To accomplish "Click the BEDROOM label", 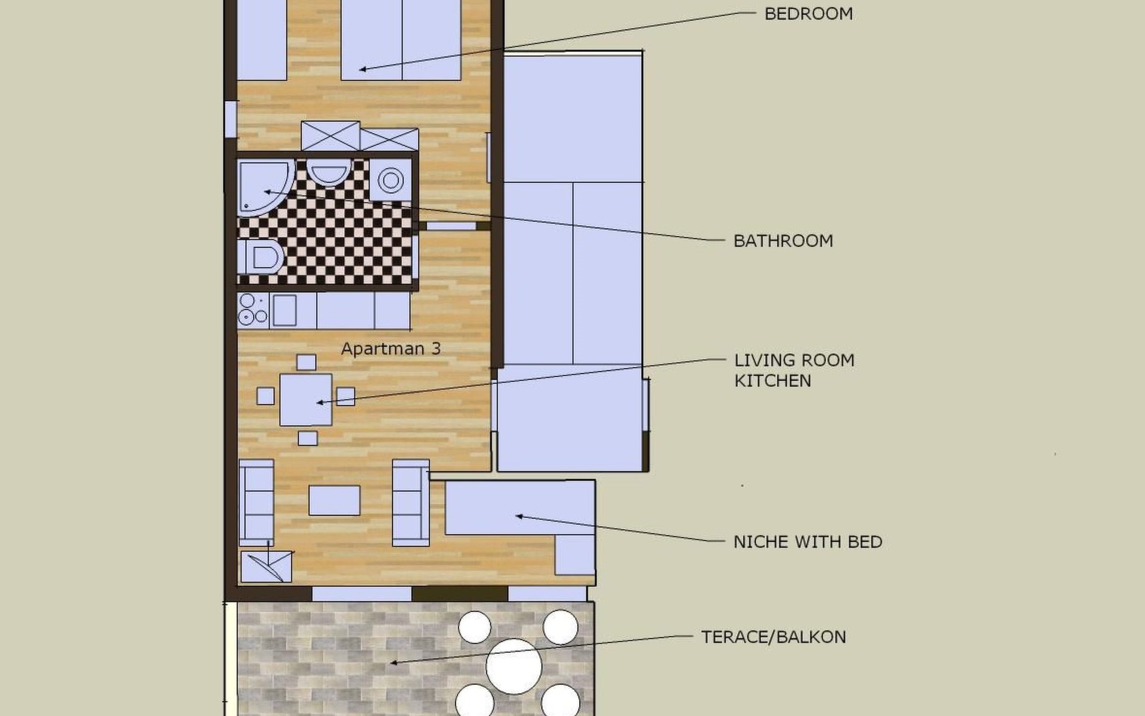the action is (x=808, y=14).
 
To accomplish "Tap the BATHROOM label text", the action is (x=783, y=241).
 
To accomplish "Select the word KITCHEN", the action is (x=772, y=381).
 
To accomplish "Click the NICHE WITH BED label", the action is (x=807, y=542).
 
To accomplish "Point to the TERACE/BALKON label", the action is (x=773, y=637).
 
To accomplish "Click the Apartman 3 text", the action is (x=391, y=348).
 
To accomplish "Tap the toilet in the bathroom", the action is (x=260, y=257).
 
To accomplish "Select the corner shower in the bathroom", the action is (x=265, y=187).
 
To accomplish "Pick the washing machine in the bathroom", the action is (x=391, y=180).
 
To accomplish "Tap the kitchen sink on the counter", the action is (x=284, y=310).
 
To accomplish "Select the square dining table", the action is (x=306, y=400).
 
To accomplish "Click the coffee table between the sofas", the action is (x=335, y=500).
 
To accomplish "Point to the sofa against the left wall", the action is (x=256, y=502).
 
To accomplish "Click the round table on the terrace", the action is (x=514, y=666).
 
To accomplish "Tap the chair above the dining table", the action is (x=307, y=362).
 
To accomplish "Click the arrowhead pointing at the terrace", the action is (x=394, y=662).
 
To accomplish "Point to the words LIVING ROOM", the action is (x=794, y=360).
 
